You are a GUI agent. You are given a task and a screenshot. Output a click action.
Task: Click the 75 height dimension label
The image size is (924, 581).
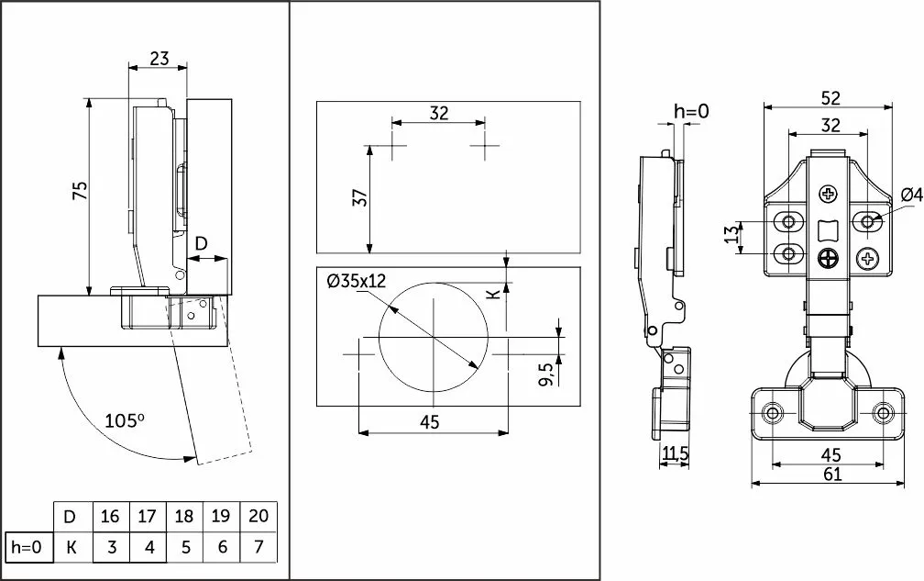pos(80,191)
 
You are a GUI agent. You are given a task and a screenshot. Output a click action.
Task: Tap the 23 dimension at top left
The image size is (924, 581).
pos(159,58)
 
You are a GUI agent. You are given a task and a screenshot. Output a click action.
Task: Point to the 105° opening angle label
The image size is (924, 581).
pos(125,421)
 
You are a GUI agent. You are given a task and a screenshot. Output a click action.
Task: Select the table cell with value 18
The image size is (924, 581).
pos(184,516)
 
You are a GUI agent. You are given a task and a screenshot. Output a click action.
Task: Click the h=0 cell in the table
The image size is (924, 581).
pos(26,548)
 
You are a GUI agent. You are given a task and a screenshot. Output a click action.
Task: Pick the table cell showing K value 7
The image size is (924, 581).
pos(258,548)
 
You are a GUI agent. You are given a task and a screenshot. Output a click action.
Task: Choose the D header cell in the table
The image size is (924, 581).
pos(70,516)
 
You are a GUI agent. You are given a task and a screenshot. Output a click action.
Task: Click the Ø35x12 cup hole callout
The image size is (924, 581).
pos(356,281)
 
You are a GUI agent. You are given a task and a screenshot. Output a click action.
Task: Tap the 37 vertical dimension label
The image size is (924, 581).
pos(360,197)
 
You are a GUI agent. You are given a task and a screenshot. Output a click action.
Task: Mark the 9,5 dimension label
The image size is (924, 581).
pos(546,375)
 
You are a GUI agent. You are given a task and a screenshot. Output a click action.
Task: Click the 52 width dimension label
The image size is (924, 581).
pos(830,97)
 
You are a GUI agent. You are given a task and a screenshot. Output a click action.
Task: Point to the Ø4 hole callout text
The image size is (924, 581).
pos(911,194)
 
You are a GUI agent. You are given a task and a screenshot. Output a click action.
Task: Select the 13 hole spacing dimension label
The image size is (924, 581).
pos(731,236)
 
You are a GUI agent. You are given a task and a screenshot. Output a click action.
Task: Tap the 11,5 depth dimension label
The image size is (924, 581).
pos(674,454)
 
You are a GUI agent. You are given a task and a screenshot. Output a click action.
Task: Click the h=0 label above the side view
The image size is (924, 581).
pos(692,112)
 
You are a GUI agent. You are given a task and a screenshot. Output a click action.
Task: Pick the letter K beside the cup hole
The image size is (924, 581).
pos(492,294)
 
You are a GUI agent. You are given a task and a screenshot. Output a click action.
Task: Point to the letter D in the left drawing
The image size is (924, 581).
pos(202,243)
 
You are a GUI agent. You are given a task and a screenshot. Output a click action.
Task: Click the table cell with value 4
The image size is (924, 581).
pos(148,548)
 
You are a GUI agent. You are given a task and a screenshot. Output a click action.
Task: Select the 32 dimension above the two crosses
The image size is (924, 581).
pos(439,113)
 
